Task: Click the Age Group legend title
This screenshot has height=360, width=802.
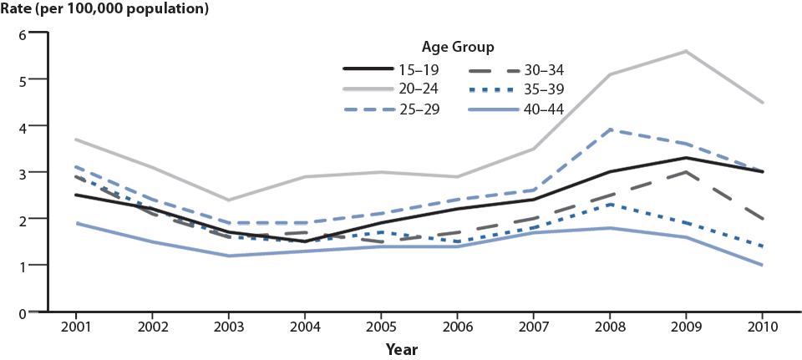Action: tap(457, 46)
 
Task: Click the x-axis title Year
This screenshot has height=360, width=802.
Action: tap(402, 349)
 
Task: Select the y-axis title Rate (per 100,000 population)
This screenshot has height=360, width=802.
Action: tap(104, 10)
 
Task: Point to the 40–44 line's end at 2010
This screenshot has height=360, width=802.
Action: tap(762, 265)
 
